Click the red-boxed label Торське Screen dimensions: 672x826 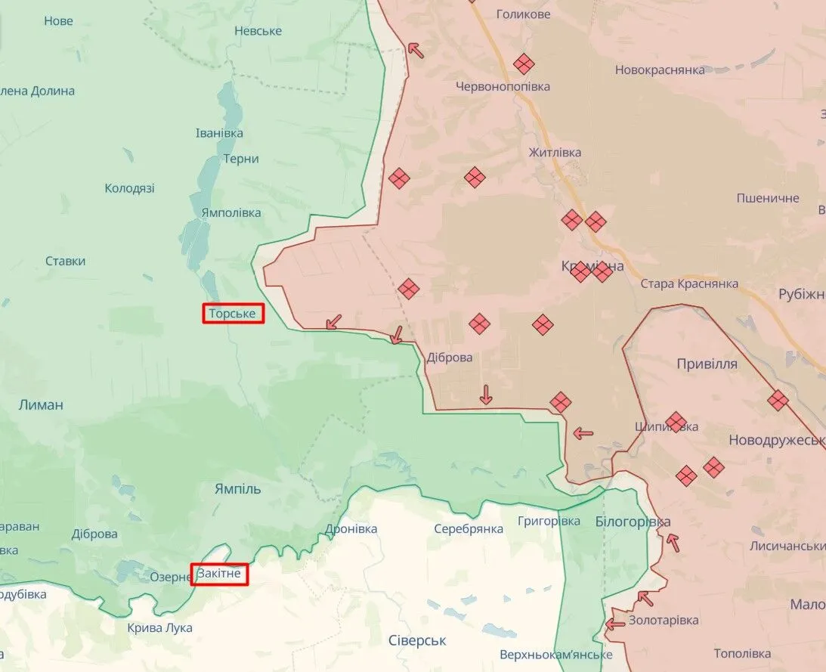(x=233, y=313)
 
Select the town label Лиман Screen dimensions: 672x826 (x=42, y=404)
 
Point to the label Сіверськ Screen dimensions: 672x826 (x=417, y=640)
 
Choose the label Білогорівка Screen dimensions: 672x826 (x=633, y=522)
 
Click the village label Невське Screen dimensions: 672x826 (x=258, y=30)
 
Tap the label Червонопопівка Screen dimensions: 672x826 (x=503, y=86)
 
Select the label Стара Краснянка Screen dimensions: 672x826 (x=689, y=284)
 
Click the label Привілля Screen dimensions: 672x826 (x=707, y=364)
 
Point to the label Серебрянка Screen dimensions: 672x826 (x=469, y=529)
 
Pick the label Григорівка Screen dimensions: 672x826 (x=549, y=521)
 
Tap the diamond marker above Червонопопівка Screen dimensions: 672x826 (x=524, y=64)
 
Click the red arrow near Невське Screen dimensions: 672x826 (x=415, y=50)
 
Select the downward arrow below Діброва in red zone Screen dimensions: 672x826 (x=486, y=395)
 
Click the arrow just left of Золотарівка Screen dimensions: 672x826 (x=615, y=624)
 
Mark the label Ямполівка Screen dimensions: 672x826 (x=231, y=212)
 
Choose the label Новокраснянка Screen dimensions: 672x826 (x=660, y=70)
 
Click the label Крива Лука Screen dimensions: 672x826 (x=159, y=627)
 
